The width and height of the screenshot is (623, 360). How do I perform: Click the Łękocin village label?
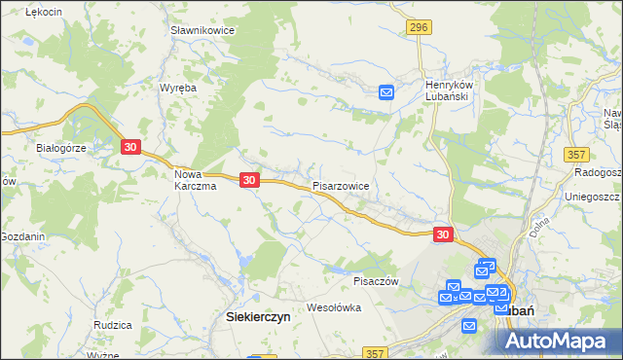(45, 11)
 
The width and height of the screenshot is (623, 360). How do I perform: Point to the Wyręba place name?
(178, 88)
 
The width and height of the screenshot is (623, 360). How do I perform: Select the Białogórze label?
(62, 148)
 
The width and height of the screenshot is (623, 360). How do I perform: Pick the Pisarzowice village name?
(341, 184)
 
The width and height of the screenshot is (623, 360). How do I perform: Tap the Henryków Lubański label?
(448, 90)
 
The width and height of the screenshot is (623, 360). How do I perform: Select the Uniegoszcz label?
(593, 196)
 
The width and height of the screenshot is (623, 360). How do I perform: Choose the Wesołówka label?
(334, 307)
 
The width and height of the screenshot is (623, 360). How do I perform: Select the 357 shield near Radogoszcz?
(577, 155)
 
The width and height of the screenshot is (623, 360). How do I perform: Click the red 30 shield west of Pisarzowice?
(249, 180)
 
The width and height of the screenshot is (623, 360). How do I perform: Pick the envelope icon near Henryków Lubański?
(386, 92)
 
